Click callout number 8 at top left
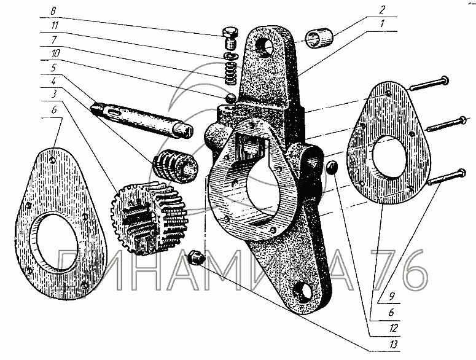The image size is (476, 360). click(x=54, y=11)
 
